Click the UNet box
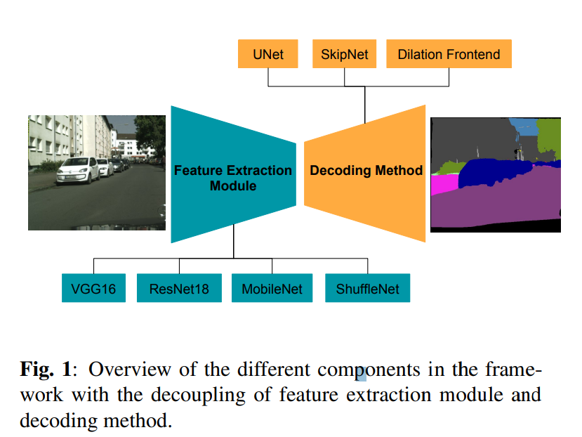tap(268, 54)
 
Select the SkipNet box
tap(344, 54)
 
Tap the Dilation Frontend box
tap(449, 54)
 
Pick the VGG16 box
tap(93, 288)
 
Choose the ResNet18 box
tap(179, 288)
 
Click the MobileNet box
tap(272, 288)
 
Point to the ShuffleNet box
tap(367, 288)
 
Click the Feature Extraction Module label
tap(233, 178)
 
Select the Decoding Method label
tap(366, 170)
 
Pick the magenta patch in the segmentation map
tap(444, 185)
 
